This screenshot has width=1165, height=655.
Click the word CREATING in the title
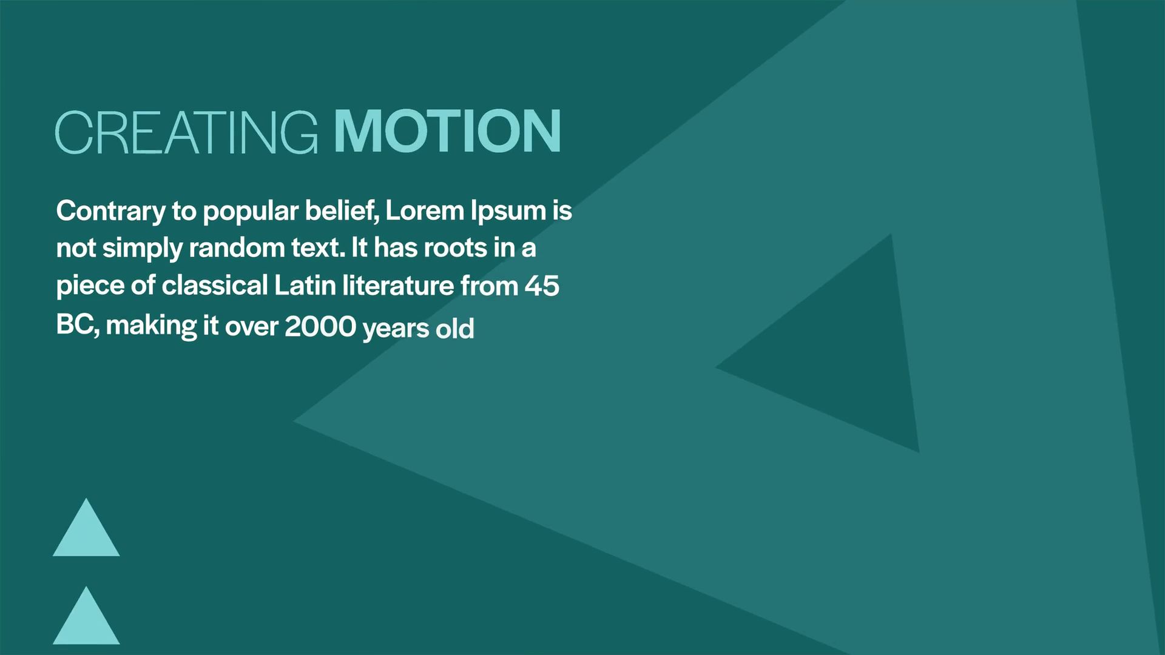point(186,132)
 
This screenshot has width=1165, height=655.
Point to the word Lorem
point(425,210)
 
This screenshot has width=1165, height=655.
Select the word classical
point(215,285)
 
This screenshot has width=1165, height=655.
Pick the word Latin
point(305,285)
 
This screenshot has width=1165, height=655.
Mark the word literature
point(398,285)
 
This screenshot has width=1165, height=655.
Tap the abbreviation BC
point(75,325)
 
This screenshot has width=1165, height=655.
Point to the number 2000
point(320,326)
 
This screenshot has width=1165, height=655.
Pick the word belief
point(342,210)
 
